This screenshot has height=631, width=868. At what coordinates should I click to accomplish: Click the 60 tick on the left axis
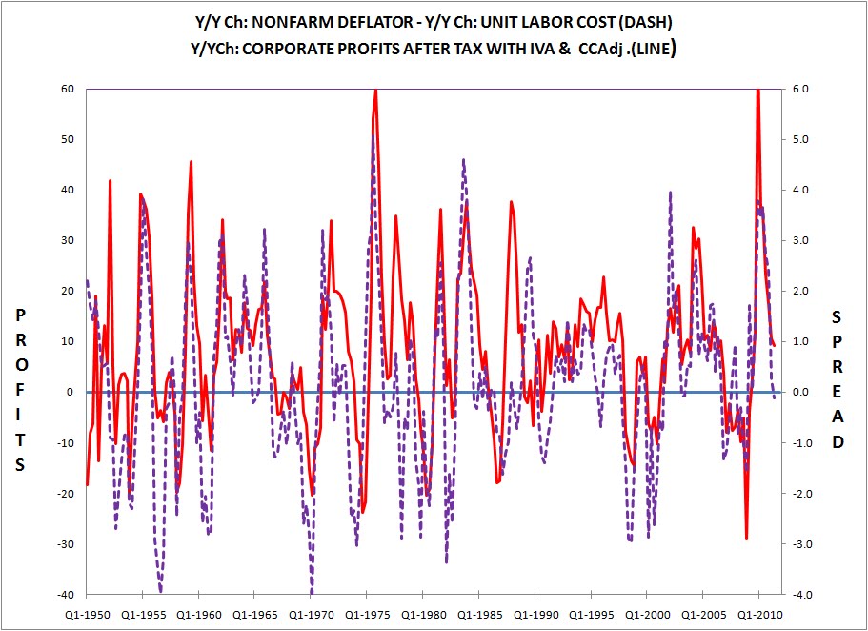point(67,89)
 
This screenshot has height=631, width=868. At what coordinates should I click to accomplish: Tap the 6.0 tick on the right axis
point(799,89)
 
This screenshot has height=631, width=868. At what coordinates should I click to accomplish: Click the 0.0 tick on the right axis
point(799,392)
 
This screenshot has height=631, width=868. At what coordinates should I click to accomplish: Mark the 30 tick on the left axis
point(67,240)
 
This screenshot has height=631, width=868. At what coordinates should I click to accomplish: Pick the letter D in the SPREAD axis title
point(838,442)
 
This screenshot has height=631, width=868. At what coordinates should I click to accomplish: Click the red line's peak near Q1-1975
point(375,90)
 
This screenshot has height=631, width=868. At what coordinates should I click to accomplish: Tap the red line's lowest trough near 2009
point(746,539)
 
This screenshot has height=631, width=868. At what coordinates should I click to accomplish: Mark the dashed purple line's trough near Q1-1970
point(312,592)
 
